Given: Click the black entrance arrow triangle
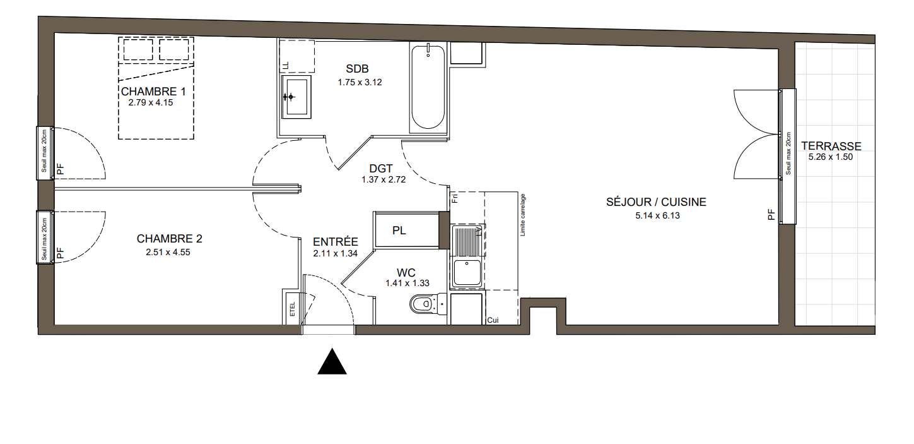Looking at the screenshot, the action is (332, 362).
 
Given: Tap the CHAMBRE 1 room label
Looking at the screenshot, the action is (153, 92).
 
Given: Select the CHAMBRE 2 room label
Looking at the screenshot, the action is (169, 239).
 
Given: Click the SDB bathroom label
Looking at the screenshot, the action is (357, 69).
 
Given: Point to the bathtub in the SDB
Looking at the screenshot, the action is (428, 87).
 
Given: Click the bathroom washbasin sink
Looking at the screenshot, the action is (296, 97).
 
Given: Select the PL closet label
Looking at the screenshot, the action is (399, 231).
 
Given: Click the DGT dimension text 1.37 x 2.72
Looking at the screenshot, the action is (384, 180).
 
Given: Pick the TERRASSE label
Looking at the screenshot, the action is (831, 146).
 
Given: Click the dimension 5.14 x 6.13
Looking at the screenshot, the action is (657, 215).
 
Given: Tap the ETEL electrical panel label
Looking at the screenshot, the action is (292, 309).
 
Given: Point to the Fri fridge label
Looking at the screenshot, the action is (455, 198).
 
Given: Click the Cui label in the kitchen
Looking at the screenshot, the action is (493, 320).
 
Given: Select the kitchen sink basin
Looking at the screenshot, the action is (467, 273).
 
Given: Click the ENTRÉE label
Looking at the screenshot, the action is (336, 242).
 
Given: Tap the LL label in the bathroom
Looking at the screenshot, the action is (286, 65).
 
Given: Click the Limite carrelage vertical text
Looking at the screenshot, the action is (523, 215).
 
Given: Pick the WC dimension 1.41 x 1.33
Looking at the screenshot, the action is (407, 283).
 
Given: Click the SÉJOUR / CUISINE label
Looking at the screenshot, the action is (656, 202).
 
